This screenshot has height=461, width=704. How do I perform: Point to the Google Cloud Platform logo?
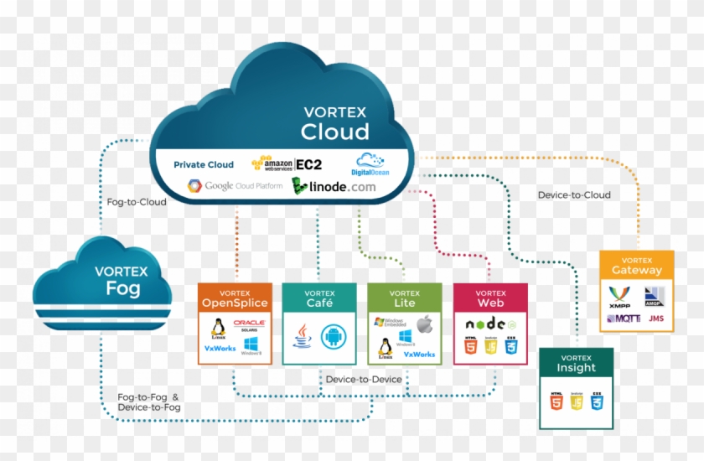[235, 185]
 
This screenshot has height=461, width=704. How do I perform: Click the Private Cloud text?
[204, 164]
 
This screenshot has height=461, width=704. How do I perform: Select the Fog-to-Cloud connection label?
[137, 202]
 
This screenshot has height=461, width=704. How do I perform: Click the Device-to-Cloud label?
[574, 195]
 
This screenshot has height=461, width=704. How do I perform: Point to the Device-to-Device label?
[363, 379]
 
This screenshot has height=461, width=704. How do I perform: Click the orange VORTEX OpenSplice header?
[235, 298]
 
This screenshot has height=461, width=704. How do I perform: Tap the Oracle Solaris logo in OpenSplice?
[250, 326]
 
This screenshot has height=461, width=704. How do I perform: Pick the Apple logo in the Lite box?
[424, 323]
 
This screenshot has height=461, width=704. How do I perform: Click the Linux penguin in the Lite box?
[386, 347]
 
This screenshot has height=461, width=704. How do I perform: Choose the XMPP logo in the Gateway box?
[619, 295]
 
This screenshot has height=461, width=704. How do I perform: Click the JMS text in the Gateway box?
[655, 319]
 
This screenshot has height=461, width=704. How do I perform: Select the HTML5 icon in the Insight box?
[556, 401]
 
